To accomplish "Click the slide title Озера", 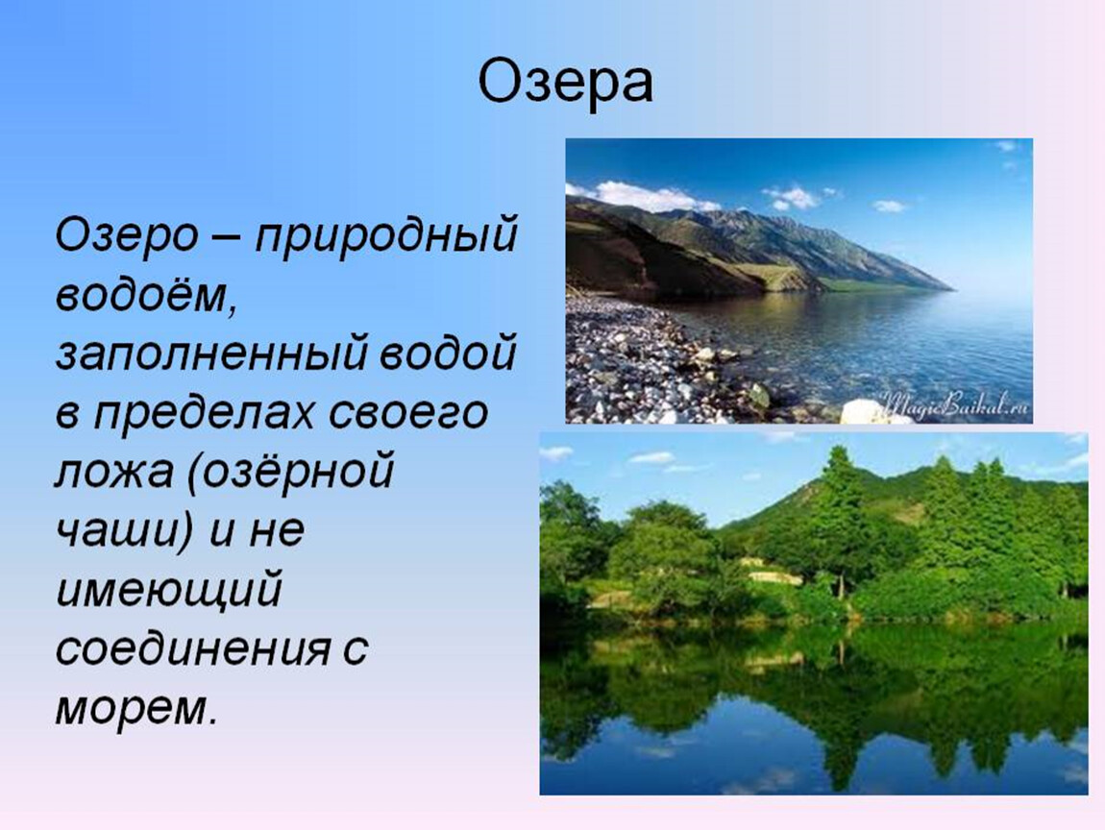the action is point(566,83).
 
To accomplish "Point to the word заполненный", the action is point(211,354).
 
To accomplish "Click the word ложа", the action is point(113,472).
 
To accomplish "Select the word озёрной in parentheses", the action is point(289,472).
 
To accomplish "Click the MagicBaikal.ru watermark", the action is point(956,405).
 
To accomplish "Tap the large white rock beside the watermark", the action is point(869,412).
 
